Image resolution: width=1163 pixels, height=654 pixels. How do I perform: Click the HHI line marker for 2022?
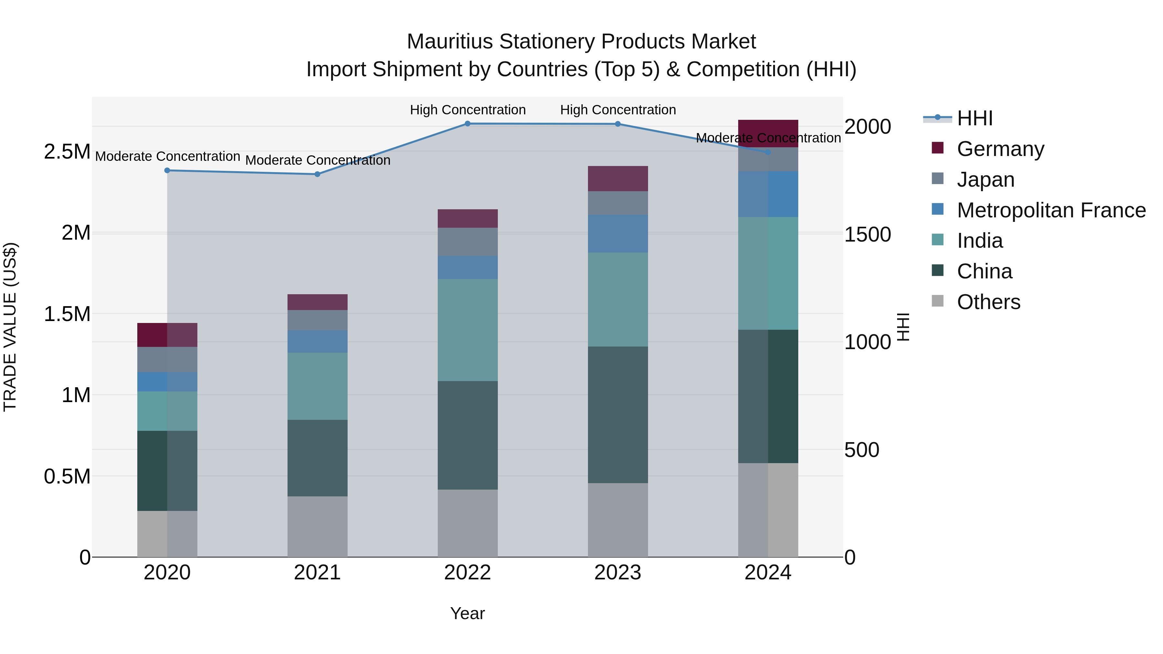(468, 124)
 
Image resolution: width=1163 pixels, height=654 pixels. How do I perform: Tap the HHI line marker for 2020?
(167, 171)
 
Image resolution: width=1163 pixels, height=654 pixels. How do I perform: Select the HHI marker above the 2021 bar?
(317, 174)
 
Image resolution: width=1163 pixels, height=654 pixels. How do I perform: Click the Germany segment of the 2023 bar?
(618, 179)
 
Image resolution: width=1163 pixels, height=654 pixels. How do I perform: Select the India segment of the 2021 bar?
(317, 386)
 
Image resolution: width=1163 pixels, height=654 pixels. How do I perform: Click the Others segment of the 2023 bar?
(618, 520)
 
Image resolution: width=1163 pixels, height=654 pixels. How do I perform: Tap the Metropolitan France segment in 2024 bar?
(768, 194)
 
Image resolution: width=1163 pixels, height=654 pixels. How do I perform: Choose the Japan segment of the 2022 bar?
(468, 242)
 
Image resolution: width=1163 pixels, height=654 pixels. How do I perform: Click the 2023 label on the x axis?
(618, 573)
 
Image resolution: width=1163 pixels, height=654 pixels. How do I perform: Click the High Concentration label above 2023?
(618, 110)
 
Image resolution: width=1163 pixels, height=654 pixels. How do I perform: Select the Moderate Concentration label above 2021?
(317, 160)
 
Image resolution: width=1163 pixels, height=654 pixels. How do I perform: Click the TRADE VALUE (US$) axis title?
(10, 327)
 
